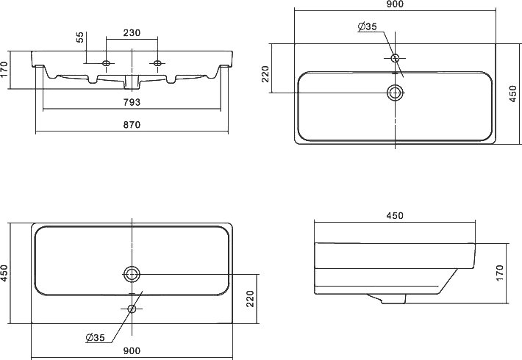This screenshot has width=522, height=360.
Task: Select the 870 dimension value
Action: [132, 125]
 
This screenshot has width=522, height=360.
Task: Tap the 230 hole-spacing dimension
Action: [132, 33]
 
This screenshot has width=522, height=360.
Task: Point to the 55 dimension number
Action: [80, 38]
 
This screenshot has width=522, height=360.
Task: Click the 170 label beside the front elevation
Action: [6, 70]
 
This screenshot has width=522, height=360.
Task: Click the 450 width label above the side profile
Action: [394, 215]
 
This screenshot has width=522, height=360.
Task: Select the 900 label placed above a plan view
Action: [394, 5]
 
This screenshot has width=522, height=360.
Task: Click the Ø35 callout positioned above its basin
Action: [367, 27]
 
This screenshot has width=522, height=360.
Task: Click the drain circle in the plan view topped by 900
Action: [395, 93]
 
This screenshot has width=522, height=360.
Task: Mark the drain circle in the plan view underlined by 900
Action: [132, 274]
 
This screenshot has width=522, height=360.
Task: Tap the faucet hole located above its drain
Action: [395, 58]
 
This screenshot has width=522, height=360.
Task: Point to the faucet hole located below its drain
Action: [132, 309]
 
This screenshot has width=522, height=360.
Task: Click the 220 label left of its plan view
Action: [265, 75]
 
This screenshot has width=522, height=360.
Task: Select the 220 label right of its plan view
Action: [250, 298]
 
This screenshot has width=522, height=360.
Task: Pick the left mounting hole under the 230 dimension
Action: [107, 62]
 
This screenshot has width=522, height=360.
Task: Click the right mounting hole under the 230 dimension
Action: [157, 62]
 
